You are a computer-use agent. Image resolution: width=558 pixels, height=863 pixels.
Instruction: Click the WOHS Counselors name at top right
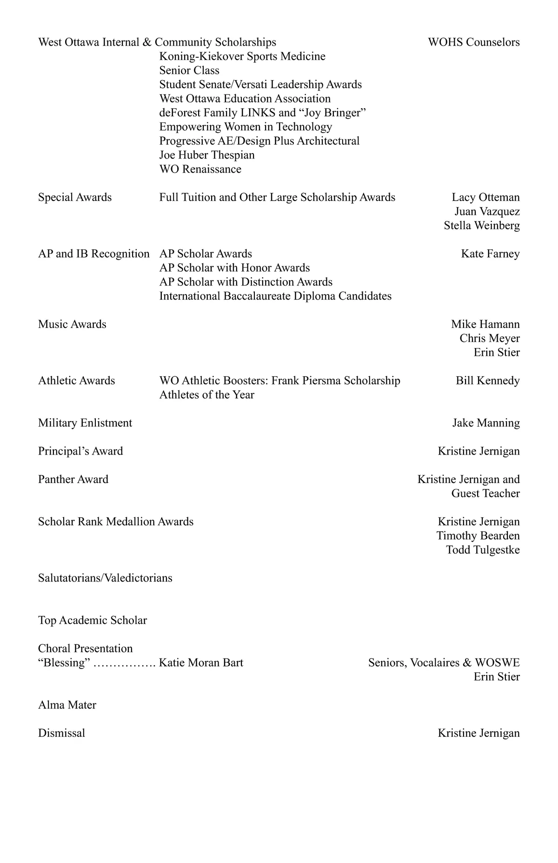coord(473,42)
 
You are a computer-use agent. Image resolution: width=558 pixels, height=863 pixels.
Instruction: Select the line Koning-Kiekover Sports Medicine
coord(242,56)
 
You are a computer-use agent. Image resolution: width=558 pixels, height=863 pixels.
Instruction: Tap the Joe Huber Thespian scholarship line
coord(206,155)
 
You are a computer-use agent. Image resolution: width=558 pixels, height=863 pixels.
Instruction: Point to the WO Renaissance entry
coord(200,169)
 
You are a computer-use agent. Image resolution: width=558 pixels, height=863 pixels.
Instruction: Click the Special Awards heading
coord(75,197)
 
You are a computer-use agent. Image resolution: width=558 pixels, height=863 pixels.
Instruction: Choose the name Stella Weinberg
coord(481,226)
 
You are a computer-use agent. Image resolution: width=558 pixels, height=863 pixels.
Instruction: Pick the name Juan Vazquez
coord(487,212)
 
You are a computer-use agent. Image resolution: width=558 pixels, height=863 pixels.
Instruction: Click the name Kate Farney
coord(490,254)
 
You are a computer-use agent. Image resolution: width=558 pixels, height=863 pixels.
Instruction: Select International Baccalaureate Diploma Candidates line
coord(275,296)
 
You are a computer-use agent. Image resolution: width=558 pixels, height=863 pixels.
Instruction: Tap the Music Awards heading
coord(72,324)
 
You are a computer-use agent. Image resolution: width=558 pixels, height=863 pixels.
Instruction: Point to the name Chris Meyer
coord(489,338)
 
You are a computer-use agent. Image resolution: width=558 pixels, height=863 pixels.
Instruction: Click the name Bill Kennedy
coord(487,381)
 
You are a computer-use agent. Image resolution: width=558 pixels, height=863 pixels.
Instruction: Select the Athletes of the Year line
coord(206,395)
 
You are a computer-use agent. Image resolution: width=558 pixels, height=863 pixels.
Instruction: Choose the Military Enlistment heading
coord(85,423)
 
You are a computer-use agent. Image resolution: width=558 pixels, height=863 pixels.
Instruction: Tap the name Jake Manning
coord(486,423)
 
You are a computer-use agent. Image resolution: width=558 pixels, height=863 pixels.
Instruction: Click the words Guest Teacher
coord(485,494)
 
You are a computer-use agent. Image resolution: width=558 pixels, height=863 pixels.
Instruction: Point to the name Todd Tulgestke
coord(483,550)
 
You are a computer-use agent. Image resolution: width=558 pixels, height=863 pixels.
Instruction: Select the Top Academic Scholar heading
coord(93,620)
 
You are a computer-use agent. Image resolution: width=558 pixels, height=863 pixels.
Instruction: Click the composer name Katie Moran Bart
coord(201,662)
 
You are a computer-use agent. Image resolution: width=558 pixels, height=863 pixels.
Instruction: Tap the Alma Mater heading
coord(67,705)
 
